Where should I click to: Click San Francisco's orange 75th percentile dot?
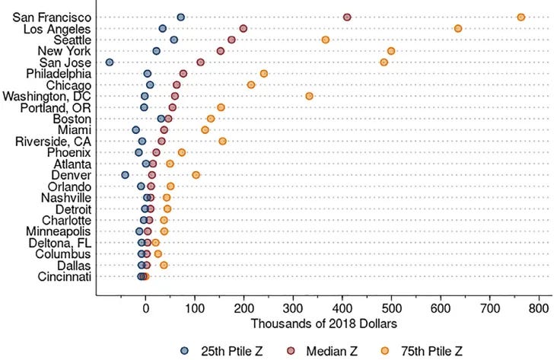click(x=521, y=18)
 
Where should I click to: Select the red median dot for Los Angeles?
click(x=243, y=29)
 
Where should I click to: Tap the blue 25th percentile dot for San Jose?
click(x=110, y=62)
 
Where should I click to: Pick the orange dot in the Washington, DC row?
click(x=309, y=96)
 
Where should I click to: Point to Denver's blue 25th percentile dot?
click(x=125, y=175)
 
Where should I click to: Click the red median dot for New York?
click(x=221, y=51)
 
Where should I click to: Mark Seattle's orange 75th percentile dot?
click(x=326, y=40)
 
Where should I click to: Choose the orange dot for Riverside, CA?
click(x=222, y=142)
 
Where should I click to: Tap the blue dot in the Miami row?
click(x=135, y=130)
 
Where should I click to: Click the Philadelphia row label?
click(x=59, y=74)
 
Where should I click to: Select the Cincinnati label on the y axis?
click(x=64, y=277)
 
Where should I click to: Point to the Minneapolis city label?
click(x=59, y=231)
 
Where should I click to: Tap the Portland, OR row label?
click(x=56, y=108)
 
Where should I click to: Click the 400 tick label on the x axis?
click(x=342, y=308)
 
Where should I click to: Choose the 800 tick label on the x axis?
click(x=539, y=308)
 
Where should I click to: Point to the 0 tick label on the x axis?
click(x=145, y=308)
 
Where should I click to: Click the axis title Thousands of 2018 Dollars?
click(x=324, y=324)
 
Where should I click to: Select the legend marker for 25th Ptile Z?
click(x=184, y=351)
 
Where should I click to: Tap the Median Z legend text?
click(x=332, y=352)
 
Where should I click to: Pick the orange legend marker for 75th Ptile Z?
click(x=385, y=351)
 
